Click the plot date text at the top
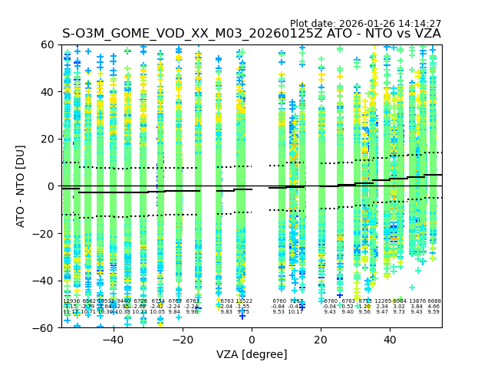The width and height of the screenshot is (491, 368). coord(365,24)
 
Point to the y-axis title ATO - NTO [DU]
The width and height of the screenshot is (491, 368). coord(21,186)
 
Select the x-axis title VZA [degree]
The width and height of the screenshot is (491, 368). coord(252,354)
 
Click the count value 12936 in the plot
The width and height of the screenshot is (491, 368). coord(71,301)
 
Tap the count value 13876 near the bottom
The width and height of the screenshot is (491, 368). coord(417,301)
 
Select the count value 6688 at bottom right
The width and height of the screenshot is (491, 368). coord(434,301)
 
